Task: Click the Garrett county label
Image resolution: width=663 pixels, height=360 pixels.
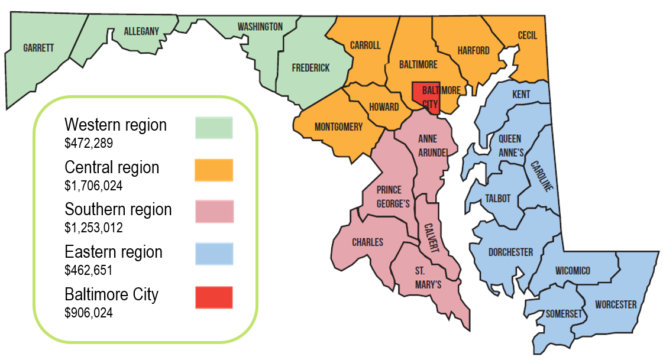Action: click(x=38, y=48)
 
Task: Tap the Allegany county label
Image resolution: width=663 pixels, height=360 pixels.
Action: click(x=141, y=31)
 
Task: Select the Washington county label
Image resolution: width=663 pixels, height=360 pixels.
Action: click(x=260, y=27)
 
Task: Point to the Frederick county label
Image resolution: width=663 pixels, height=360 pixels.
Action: click(x=311, y=68)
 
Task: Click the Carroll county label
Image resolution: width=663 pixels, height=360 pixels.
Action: click(x=365, y=46)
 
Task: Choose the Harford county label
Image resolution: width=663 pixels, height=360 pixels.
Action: click(x=473, y=50)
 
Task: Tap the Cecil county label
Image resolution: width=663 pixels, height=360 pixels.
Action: click(x=527, y=35)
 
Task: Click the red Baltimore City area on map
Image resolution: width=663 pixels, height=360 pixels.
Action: click(x=426, y=95)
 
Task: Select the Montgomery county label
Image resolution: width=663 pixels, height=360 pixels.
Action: click(x=338, y=127)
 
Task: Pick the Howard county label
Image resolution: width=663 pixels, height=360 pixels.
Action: click(x=383, y=107)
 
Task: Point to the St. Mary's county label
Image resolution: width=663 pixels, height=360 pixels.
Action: click(x=427, y=277)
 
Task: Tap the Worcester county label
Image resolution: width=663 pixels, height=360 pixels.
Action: click(x=616, y=304)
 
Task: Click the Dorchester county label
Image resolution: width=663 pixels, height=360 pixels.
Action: click(x=510, y=252)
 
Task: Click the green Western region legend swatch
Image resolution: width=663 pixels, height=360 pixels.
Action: click(x=214, y=127)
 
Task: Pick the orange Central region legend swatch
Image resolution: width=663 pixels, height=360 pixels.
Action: click(x=214, y=170)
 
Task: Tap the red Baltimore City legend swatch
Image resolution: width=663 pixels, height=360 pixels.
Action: click(x=214, y=297)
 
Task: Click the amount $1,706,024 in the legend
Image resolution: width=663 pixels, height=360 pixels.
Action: click(x=93, y=186)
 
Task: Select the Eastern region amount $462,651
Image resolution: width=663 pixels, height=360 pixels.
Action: click(x=89, y=270)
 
